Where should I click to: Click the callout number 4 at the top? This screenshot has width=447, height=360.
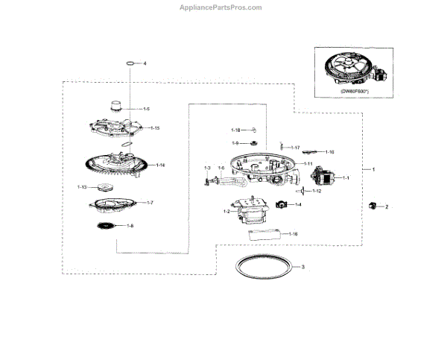click(145, 64)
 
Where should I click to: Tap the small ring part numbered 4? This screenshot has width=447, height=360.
click(130, 64)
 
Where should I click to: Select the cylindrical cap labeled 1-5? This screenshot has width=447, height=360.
click(115, 107)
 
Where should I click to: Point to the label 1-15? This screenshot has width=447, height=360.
click(155, 128)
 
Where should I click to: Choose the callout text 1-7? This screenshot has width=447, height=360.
click(149, 203)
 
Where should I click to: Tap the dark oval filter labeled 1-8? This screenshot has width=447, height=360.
click(106, 225)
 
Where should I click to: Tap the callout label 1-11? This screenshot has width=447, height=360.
click(307, 163)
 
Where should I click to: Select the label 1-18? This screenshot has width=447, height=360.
click(235, 130)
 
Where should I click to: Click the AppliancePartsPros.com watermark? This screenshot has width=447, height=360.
click(221, 7)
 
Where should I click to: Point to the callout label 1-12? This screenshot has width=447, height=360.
click(317, 192)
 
